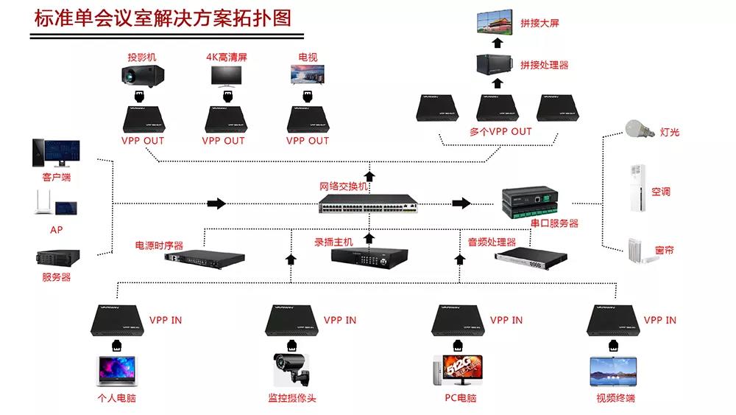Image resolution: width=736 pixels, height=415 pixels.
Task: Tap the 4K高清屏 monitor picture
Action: pos(225,76)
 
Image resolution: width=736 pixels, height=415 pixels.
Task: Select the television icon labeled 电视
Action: pos(308,75)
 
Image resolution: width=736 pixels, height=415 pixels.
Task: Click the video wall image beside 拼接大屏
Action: pos(497,24)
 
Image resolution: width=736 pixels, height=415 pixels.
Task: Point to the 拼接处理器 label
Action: pos(545,65)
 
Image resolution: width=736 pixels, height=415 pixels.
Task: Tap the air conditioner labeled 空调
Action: pos(637,188)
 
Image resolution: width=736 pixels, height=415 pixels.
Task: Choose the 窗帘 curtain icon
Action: pos(637,251)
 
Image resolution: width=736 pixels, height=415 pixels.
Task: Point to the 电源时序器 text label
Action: pos(159,245)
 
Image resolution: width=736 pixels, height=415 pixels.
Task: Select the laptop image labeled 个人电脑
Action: pos(118,371)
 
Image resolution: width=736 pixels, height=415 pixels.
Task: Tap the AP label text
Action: pos(56,230)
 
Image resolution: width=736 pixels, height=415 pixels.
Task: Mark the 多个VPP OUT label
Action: pos(500,132)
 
